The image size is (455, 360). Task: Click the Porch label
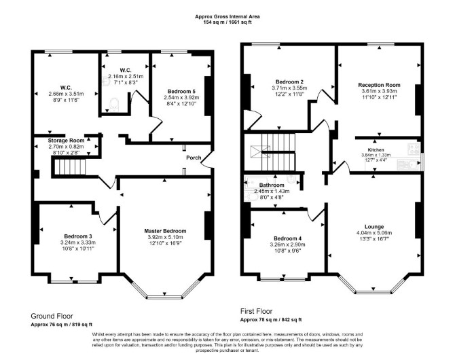pyautogui.click(x=194, y=158)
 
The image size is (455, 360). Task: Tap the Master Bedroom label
pyautogui.click(x=165, y=231)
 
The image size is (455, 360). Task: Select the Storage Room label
pyautogui.click(x=66, y=141)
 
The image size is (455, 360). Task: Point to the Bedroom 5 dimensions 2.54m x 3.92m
pyautogui.click(x=181, y=98)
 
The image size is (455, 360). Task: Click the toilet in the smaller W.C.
pyautogui.click(x=114, y=104)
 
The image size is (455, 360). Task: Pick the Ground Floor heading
pyautogui.click(x=52, y=316)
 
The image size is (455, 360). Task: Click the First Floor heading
pyautogui.click(x=256, y=312)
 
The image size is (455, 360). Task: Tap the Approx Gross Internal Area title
pyautogui.click(x=227, y=16)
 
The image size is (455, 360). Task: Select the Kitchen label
pyautogui.click(x=376, y=150)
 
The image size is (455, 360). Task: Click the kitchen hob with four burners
pyautogui.click(x=414, y=149)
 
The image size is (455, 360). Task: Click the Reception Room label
pyautogui.click(x=379, y=85)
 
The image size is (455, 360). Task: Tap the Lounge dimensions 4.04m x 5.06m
pyautogui.click(x=374, y=233)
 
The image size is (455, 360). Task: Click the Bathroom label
pyautogui.click(x=272, y=185)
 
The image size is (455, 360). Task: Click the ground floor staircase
pyautogui.click(x=70, y=166)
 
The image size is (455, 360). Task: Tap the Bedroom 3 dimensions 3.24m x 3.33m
pyautogui.click(x=78, y=242)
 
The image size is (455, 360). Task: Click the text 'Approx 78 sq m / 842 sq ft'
pyautogui.click(x=271, y=320)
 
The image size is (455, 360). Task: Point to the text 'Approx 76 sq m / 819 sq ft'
pyautogui.click(x=62, y=324)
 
